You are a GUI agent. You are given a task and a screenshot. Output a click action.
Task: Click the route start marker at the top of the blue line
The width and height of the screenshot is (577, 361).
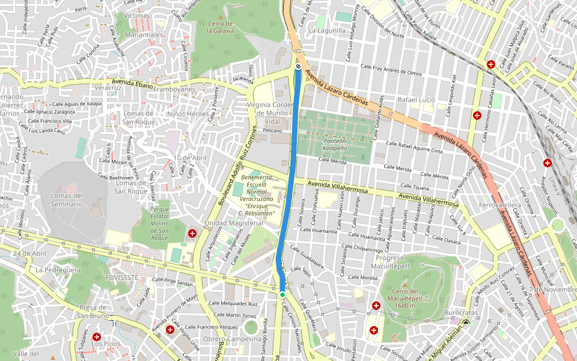pyautogui.click(x=298, y=66)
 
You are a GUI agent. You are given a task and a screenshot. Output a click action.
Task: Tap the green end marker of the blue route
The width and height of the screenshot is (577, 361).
pyautogui.click(x=282, y=294)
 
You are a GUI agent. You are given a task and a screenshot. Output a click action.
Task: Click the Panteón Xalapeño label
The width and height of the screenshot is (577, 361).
pyautogui.click(x=335, y=143)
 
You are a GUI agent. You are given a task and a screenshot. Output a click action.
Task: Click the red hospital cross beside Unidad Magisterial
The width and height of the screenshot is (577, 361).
pyautogui.click(x=192, y=233)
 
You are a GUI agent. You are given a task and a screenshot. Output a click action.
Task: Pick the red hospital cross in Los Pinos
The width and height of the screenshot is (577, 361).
pyautogui.click(x=96, y=337)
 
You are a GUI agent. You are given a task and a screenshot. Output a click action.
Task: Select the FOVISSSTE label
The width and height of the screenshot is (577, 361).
pyautogui.click(x=121, y=278)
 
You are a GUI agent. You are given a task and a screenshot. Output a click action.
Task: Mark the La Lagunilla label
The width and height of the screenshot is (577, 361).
pyautogui.click(x=327, y=30)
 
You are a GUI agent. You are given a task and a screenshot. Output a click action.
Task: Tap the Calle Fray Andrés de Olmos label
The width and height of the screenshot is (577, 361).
pyautogui.click(x=391, y=72)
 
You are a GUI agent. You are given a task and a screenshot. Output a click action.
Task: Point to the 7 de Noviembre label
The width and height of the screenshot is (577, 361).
pyautogui.click(x=552, y=289)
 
